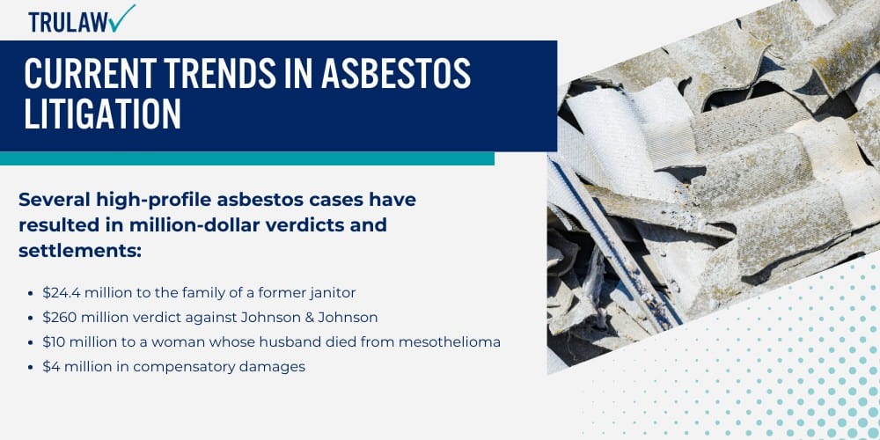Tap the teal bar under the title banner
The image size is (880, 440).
tap(246, 158)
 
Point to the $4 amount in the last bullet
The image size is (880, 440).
tap(51, 367)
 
